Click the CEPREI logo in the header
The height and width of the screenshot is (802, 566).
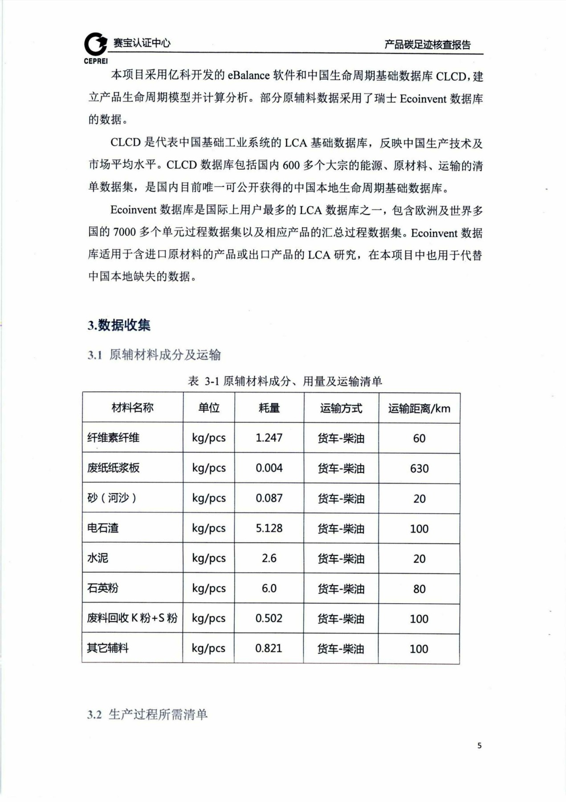(x=96, y=46)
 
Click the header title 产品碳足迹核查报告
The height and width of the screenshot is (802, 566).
(x=428, y=45)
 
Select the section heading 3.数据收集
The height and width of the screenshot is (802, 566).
(x=119, y=325)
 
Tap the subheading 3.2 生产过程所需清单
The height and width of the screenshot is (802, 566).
(x=147, y=715)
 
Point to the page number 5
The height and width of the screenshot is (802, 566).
(x=479, y=745)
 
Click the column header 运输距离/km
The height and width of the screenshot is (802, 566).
(x=419, y=408)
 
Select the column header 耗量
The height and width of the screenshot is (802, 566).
(x=269, y=408)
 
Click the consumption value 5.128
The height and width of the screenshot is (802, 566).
(x=269, y=528)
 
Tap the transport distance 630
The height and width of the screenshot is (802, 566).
(x=419, y=469)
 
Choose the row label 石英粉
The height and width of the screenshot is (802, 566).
(x=103, y=588)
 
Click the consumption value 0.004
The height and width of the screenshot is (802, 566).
(x=269, y=468)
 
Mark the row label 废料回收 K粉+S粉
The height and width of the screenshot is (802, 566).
(x=132, y=618)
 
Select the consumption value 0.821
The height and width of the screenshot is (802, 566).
(x=269, y=648)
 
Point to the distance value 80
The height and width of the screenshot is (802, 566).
(x=419, y=589)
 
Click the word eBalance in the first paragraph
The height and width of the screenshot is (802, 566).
(x=248, y=75)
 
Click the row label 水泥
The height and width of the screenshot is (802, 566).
(x=98, y=558)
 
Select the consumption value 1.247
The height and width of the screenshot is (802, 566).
(x=269, y=438)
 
